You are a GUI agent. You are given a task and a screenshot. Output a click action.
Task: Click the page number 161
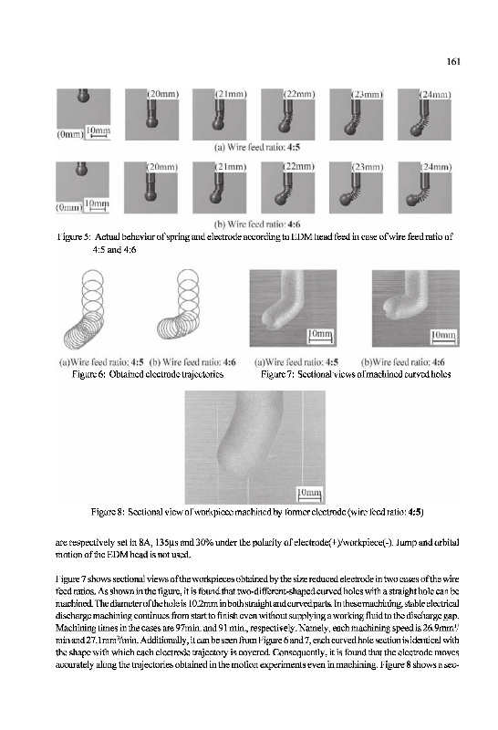[453, 61]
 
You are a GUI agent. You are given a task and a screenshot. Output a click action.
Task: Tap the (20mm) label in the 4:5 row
[163, 94]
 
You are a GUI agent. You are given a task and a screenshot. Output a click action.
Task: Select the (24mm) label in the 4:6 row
[436, 167]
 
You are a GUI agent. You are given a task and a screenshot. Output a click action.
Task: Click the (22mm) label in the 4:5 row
[299, 94]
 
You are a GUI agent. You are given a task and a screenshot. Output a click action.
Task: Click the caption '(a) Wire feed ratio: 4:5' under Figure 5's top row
[257, 148]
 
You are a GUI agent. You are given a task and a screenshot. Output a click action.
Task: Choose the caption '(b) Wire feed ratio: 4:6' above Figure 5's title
[257, 224]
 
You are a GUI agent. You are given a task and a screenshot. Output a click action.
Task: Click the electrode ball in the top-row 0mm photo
[83, 98]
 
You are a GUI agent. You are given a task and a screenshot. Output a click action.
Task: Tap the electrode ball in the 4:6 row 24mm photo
[413, 200]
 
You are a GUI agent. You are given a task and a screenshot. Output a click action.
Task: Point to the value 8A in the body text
[143, 542]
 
